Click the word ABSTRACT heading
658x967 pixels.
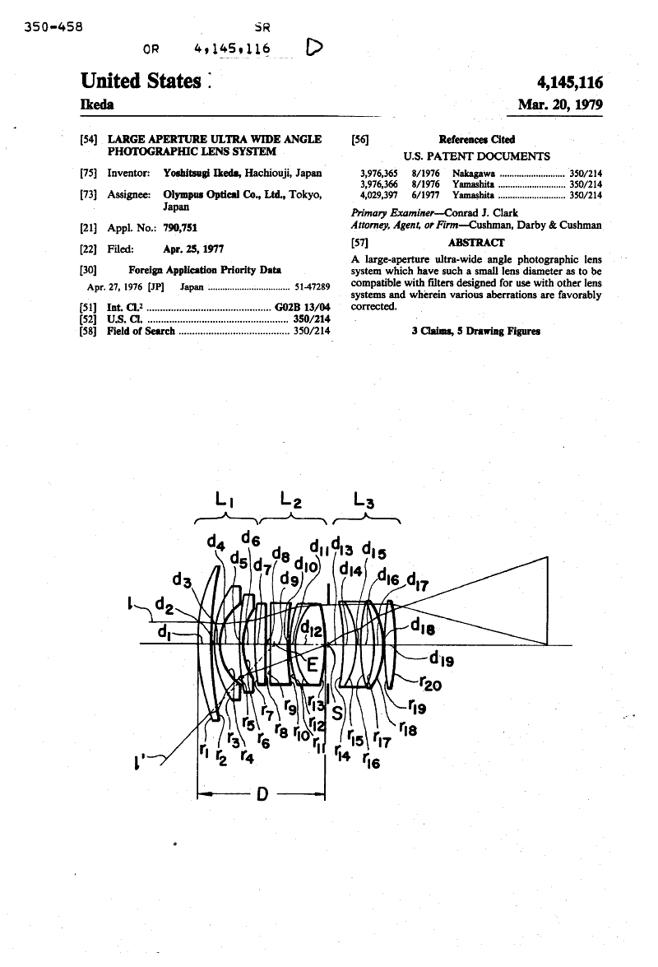click(476, 243)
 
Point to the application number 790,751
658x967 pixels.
click(180, 227)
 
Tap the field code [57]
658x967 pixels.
click(359, 243)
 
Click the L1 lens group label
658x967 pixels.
click(225, 499)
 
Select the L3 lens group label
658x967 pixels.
click(363, 499)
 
